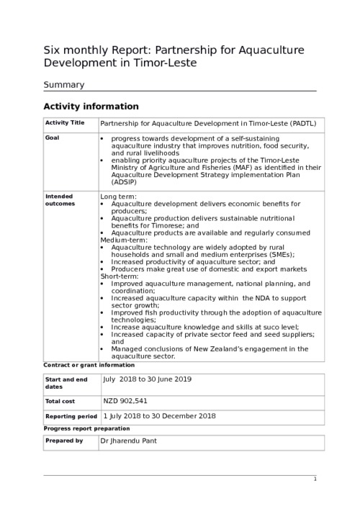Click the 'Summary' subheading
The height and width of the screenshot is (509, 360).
(64, 84)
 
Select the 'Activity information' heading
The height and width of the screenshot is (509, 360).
(91, 107)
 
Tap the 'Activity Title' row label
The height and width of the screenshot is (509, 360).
(64, 123)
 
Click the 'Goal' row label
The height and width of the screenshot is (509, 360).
(52, 137)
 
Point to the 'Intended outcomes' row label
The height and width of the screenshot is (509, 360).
(60, 199)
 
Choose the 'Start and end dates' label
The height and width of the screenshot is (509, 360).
(66, 383)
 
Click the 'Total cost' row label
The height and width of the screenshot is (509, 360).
(61, 401)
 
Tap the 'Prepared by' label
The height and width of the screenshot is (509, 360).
(63, 441)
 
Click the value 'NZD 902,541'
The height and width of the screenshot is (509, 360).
(125, 400)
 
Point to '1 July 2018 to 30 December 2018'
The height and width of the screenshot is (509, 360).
(159, 416)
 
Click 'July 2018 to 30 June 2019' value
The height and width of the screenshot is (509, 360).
(147, 379)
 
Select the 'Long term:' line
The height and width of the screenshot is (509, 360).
(118, 197)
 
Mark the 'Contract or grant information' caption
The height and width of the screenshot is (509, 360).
(89, 365)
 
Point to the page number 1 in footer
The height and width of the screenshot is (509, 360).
(315, 479)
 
